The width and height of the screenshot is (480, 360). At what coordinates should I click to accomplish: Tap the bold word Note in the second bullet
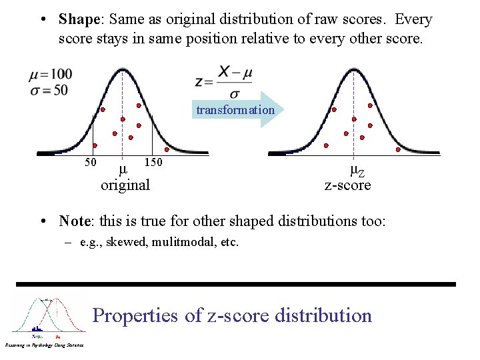click(75, 221)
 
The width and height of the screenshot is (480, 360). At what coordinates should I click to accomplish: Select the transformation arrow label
click(235, 110)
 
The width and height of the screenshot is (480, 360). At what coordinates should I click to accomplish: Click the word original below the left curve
click(125, 185)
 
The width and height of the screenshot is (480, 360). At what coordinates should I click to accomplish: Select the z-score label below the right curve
click(347, 185)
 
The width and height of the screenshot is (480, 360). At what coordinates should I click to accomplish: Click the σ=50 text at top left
click(49, 89)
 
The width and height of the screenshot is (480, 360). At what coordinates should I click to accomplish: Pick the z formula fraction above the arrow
click(223, 81)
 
